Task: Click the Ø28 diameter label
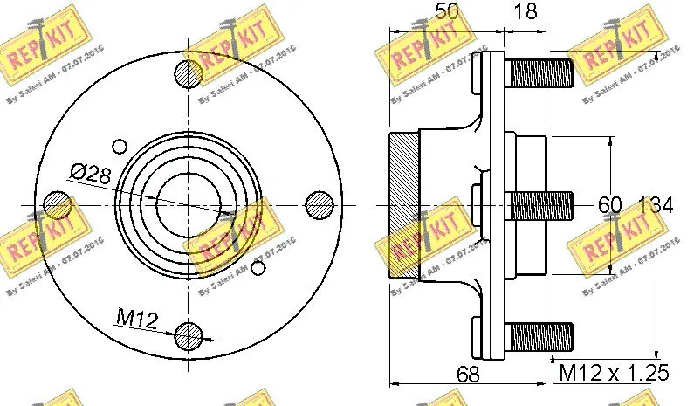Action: pos(92,173)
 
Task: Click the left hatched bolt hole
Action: pos(58,205)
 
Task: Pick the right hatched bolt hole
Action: pos(320,205)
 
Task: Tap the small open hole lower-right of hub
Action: pos(258,267)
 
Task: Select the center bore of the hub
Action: pos(188,205)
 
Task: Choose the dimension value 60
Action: pos(609,206)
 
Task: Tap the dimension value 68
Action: pos(469,375)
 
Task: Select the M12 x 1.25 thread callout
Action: pos(614,374)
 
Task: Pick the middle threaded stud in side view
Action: pos(539,206)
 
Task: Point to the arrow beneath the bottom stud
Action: pos(553,356)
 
